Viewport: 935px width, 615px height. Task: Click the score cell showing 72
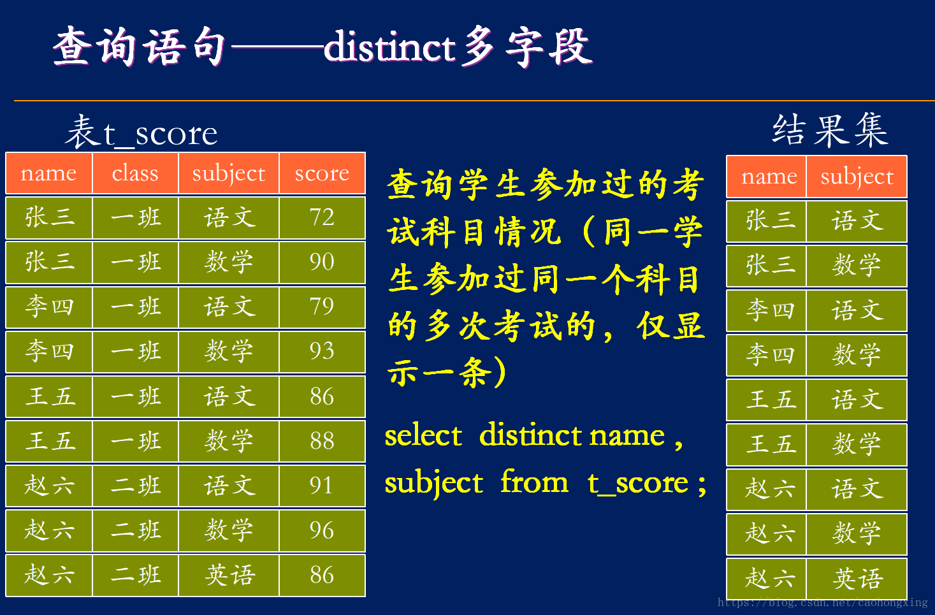(322, 217)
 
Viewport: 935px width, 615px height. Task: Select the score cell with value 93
(322, 351)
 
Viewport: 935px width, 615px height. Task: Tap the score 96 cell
(322, 530)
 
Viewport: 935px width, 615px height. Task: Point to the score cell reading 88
(322, 441)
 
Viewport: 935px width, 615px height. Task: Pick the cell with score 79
(322, 307)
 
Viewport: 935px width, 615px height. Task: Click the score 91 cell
(322, 486)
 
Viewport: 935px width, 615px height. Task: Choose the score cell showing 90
(322, 262)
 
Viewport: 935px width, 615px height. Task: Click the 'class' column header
(135, 173)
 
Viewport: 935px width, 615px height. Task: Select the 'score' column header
(322, 173)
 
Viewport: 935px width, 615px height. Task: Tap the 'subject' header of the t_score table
(229, 173)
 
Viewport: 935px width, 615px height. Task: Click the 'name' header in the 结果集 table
(769, 177)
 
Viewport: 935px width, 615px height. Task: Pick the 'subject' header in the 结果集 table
(857, 177)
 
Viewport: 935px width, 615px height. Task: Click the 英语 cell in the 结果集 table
(857, 579)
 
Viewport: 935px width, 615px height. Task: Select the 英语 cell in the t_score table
(229, 575)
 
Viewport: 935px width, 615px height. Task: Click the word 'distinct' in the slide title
(389, 47)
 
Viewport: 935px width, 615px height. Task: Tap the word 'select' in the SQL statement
(423, 436)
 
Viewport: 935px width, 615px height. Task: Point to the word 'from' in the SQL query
(534, 482)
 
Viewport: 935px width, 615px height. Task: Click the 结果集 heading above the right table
(830, 130)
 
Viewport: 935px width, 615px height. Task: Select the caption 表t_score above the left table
(141, 133)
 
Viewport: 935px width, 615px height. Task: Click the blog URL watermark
(822, 602)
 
